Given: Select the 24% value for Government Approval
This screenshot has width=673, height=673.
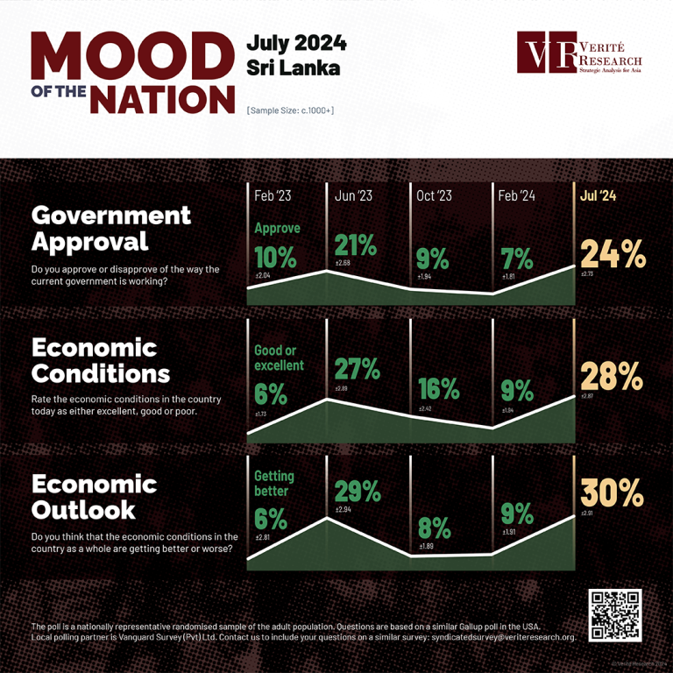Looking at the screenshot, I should [x=613, y=255].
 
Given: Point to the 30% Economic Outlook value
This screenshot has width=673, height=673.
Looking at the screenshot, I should [x=613, y=493].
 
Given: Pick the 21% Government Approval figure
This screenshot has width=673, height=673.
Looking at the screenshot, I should [x=356, y=246].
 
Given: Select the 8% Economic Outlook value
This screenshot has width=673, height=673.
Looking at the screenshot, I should [x=434, y=528].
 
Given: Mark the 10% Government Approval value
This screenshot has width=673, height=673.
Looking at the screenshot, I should [x=273, y=257].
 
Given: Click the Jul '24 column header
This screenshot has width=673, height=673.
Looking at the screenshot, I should [x=598, y=196].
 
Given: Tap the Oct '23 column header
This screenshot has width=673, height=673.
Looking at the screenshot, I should [x=434, y=196].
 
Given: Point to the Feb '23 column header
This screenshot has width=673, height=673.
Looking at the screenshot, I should [x=273, y=196].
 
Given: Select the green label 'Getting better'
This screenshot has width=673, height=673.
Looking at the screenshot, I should [x=274, y=483].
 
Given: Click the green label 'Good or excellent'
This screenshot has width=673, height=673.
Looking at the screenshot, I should [x=279, y=358].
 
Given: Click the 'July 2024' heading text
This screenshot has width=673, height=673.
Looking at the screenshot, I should [x=296, y=43].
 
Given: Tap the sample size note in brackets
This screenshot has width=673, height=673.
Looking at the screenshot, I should [x=290, y=110].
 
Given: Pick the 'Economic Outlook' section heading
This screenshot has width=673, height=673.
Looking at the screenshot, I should [x=94, y=497].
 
